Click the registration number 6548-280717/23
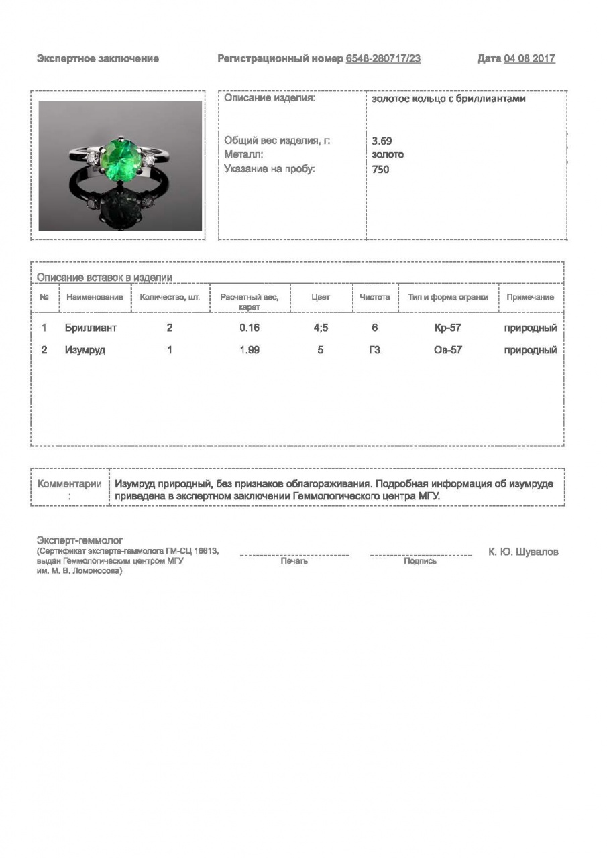pos(383,59)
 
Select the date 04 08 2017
pos(529,59)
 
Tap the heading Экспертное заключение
pos(98,59)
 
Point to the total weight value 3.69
pos(382,141)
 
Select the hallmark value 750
pos(380,170)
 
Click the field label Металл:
pos(239,155)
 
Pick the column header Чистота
pos(374,298)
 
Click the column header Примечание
pos(530,298)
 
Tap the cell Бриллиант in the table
pos(91,328)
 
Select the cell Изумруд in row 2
pos(85,350)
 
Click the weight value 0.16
pos(249,328)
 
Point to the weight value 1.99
pos(249,350)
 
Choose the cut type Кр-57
pos(448,328)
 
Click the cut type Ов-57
pos(448,350)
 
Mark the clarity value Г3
pos(374,350)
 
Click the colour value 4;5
pos(321,328)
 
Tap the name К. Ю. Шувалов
pos(523,552)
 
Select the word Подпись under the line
pos(421,562)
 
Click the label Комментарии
pos(70,484)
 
